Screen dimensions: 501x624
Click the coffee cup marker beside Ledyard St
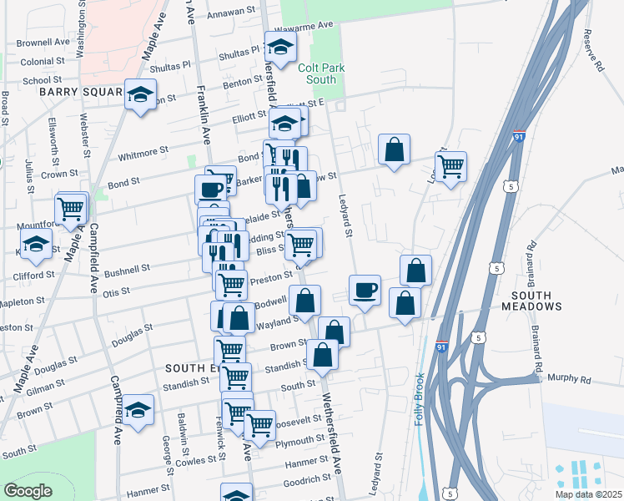pos(365,291)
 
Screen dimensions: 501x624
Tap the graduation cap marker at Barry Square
pos(141,94)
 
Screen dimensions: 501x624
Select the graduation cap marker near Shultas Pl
pos(281,47)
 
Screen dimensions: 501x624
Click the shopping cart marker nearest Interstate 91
pos(450,165)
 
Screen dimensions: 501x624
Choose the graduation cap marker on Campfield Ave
pos(138,409)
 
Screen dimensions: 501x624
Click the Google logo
pos(28,491)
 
